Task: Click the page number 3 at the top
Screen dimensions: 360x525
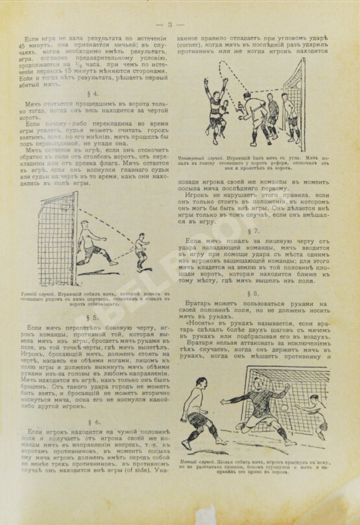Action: pos(169,25)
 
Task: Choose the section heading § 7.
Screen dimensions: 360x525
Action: pos(253,230)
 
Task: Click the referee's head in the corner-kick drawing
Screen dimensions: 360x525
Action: pos(247,95)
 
